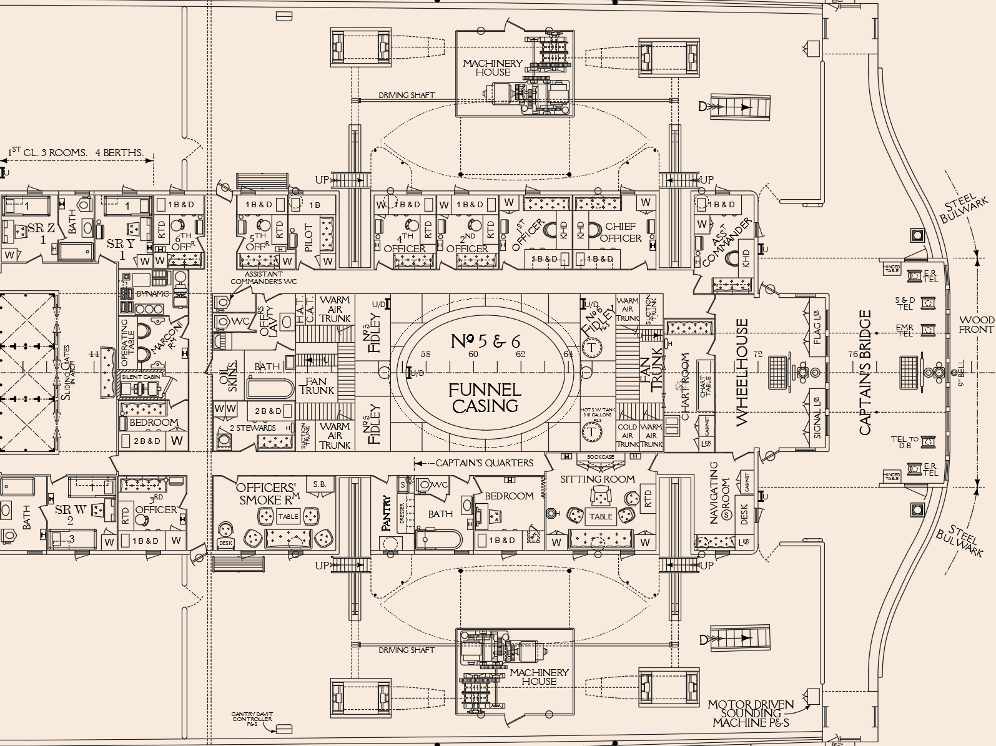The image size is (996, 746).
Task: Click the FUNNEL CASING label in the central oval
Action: click(485, 398)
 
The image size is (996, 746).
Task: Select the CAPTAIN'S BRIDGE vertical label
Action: click(865, 373)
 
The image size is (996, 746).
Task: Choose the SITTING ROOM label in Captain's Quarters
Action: click(597, 479)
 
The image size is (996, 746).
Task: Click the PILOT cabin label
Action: click(308, 238)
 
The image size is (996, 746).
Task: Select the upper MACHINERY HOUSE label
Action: click(492, 67)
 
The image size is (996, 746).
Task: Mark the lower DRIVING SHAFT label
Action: click(407, 650)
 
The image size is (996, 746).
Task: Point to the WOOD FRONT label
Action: click(976, 325)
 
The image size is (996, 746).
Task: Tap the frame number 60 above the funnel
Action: click(473, 355)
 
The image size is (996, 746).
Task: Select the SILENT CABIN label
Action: click(141, 377)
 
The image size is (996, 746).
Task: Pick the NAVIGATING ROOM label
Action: click(719, 493)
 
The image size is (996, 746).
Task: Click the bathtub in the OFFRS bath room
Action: click(270, 389)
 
